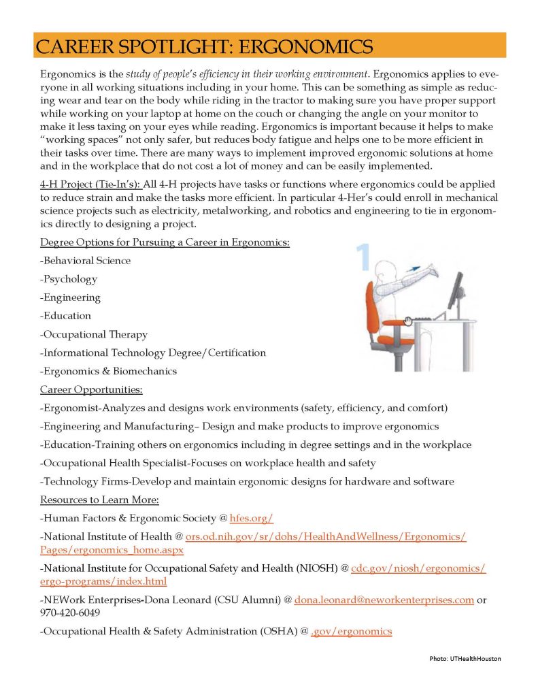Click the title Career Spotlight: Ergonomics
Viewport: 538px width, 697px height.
[204, 46]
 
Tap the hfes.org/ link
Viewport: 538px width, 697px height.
[252, 518]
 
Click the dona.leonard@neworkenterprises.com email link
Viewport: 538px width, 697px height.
[384, 600]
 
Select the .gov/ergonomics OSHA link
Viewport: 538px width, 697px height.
[352, 631]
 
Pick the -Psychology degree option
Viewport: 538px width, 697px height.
[69, 279]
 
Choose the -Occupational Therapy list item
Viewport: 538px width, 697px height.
[94, 334]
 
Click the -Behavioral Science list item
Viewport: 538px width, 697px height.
[86, 261]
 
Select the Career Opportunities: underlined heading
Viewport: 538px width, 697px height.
[91, 389]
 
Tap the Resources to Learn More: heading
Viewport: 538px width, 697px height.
[99, 500]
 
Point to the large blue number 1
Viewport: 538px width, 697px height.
[363, 257]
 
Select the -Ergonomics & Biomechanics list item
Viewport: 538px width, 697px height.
[108, 371]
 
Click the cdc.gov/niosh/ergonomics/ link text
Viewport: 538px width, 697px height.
[418, 568]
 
